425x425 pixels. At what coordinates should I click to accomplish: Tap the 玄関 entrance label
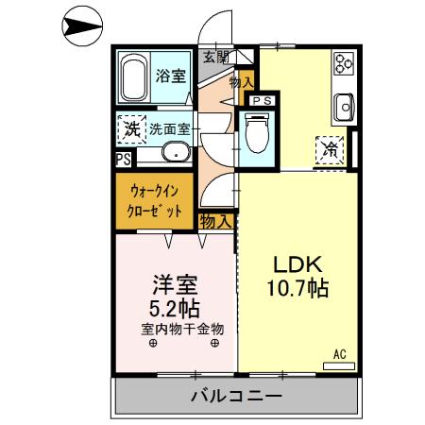tap(215, 57)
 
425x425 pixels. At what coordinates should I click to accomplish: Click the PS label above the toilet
tap(263, 99)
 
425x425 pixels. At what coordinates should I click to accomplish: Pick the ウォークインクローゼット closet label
tap(156, 201)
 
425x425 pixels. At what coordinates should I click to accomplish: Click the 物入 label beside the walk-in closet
tap(216, 221)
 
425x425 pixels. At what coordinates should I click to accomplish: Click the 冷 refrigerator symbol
tap(331, 149)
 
